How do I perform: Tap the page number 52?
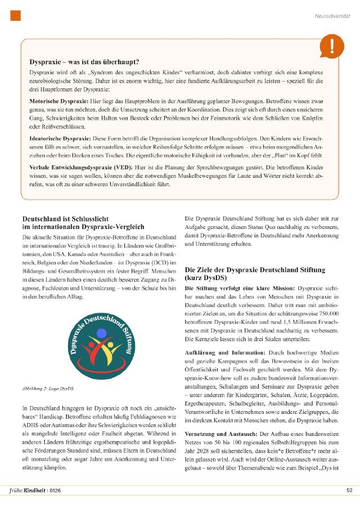point(349,490)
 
